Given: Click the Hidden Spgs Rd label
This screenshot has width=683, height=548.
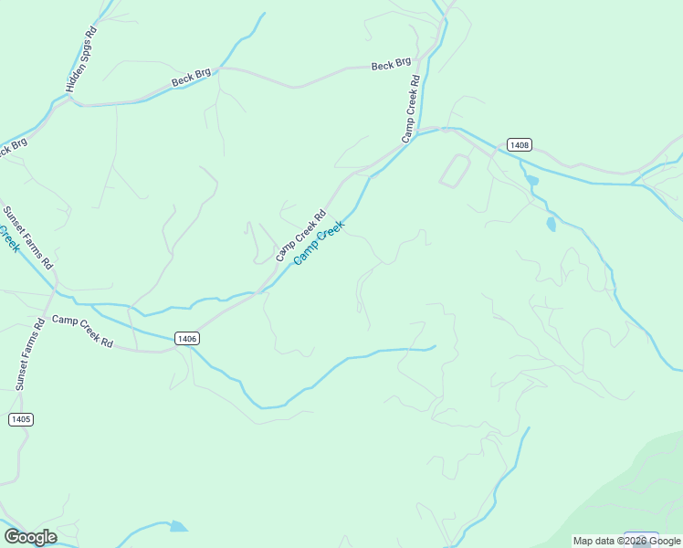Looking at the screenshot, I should pos(81,59).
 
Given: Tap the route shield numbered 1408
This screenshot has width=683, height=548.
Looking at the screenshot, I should pos(519,144).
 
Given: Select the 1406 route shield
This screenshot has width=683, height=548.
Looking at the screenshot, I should pos(185,339).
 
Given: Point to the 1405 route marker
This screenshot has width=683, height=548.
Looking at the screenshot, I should pos(20,419).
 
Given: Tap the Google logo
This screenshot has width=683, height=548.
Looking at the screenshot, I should pos(30,537).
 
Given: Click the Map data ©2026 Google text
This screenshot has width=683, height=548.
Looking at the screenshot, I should pos(626,541).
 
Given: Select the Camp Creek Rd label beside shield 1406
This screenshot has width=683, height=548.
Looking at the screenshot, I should pos(82,332).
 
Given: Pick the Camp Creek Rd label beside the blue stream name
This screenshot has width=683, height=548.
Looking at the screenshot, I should pos(300,237).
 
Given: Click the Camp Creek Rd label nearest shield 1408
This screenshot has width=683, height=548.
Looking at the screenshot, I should pos(412,109).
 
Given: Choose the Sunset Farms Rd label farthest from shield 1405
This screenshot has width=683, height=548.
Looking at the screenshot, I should pos(28,237).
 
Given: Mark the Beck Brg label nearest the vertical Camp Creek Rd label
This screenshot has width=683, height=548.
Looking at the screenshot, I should pos(391,65).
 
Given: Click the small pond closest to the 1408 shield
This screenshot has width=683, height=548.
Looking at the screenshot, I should pos(532,181).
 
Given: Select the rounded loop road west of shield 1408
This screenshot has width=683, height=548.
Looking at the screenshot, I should pos(455,171).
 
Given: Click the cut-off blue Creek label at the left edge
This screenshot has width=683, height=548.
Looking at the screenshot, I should pos(9,240).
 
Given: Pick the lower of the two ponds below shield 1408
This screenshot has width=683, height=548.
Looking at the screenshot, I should pos(551,224).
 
